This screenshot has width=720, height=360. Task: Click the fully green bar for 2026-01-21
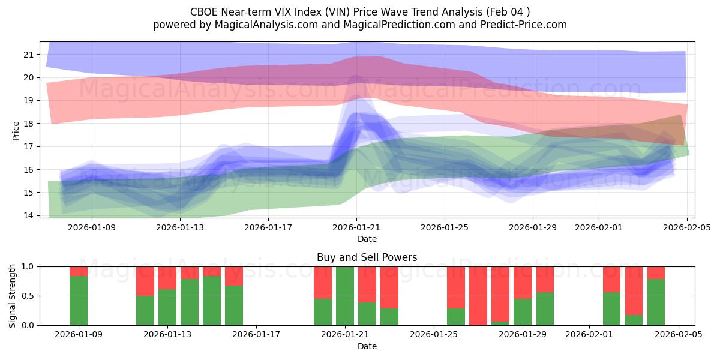click(345, 296)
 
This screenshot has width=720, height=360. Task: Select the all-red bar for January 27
click(478, 296)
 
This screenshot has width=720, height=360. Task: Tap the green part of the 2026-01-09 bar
click(79, 301)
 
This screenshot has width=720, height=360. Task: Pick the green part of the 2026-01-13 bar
click(167, 307)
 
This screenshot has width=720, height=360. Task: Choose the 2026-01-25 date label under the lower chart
click(434, 335)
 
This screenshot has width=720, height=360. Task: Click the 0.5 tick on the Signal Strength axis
click(28, 296)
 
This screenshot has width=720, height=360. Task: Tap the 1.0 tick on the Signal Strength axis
click(28, 266)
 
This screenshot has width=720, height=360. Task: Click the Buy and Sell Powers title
click(367, 257)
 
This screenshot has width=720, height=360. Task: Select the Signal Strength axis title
click(13, 296)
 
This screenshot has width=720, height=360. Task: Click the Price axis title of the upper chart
click(16, 130)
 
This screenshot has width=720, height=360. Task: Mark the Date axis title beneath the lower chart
click(367, 346)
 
